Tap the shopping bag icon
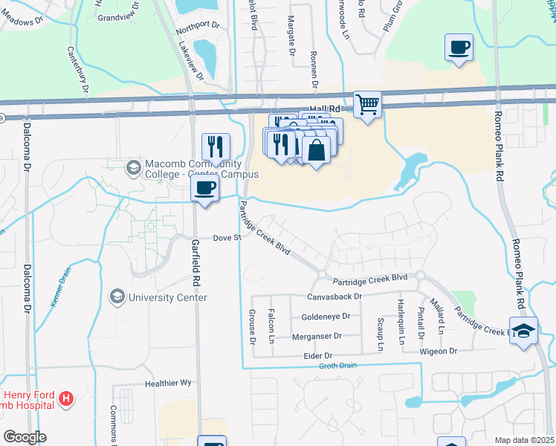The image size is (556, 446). click(x=316, y=150)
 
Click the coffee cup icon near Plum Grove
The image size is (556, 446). click(x=459, y=48)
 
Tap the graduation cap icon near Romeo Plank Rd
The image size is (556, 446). click(x=523, y=331)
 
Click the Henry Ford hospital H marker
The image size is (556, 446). click(x=67, y=399)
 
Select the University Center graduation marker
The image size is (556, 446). click(x=117, y=297)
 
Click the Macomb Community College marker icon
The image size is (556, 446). click(x=134, y=165)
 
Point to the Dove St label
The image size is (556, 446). click(x=227, y=238)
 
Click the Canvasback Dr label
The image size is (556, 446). click(x=334, y=296)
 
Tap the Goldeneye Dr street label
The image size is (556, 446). click(x=326, y=317)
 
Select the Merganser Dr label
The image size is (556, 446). click(x=317, y=336)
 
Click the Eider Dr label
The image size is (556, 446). click(x=317, y=356)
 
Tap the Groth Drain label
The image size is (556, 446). click(x=338, y=366)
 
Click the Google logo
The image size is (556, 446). click(x=25, y=437)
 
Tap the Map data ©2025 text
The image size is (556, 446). click(x=524, y=440)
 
